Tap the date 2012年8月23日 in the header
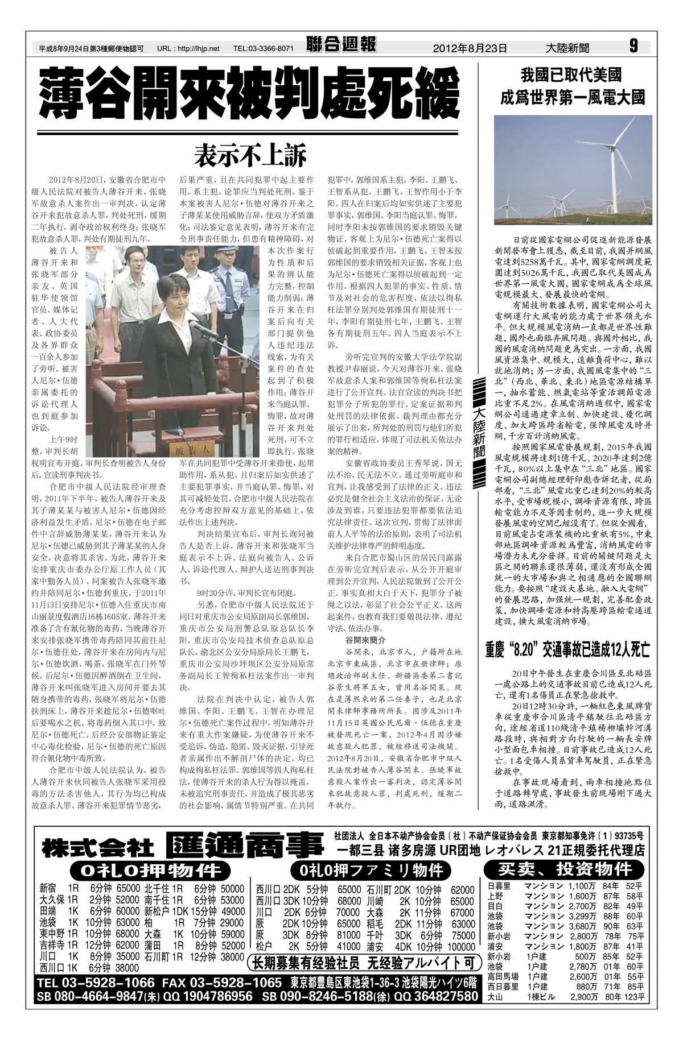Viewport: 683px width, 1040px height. click(470, 48)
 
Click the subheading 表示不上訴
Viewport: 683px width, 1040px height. click(250, 154)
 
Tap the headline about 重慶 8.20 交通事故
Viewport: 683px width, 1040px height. click(567, 649)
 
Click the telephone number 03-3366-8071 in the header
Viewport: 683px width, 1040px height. click(264, 48)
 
